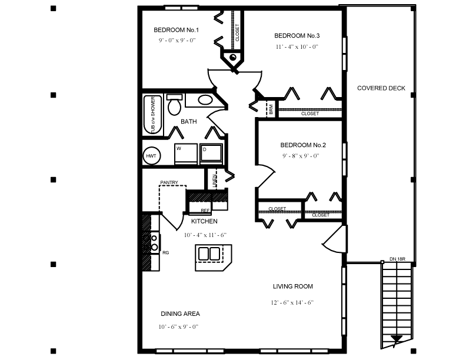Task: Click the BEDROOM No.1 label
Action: point(177,30)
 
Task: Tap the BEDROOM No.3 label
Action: point(297,35)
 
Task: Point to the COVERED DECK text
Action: point(381,88)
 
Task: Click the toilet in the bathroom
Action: point(174,106)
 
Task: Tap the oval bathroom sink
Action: point(205,100)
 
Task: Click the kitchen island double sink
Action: point(209,254)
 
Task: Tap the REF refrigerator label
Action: point(205,210)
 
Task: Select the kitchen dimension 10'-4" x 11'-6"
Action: point(205,235)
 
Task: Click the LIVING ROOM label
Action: point(292,286)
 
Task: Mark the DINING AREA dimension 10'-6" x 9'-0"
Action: point(179,326)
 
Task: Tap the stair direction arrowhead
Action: point(397,339)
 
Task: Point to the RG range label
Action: point(166,252)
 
